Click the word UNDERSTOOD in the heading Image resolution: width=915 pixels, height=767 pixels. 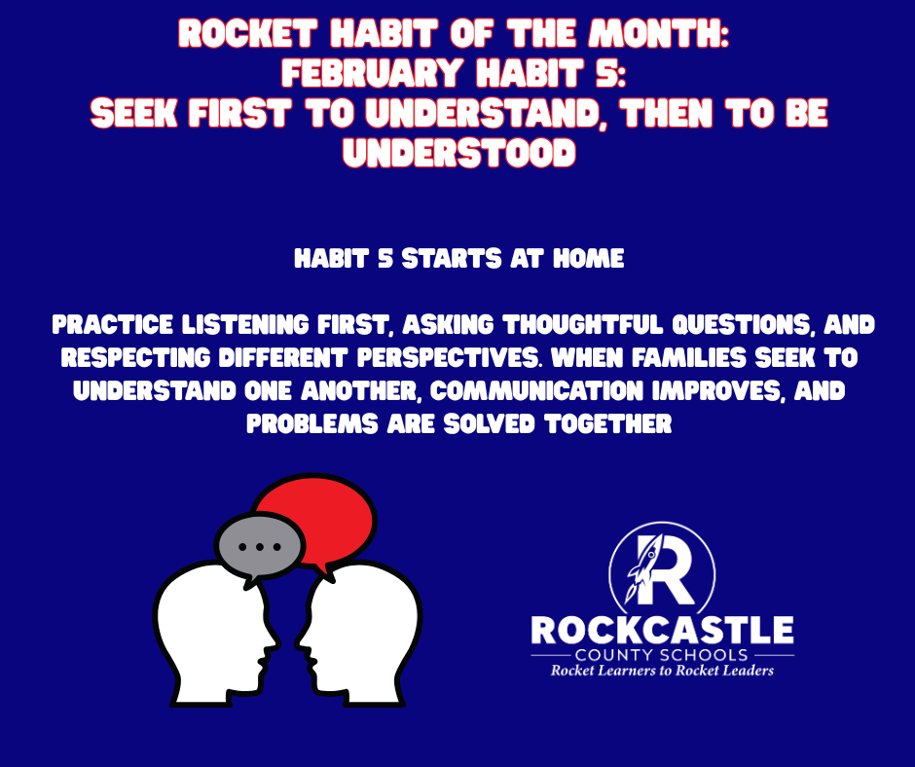(457, 152)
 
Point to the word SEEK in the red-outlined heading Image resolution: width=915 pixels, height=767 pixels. (132, 113)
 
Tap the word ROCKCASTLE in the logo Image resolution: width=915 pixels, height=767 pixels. (662, 630)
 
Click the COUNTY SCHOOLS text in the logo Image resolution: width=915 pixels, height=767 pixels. (662, 655)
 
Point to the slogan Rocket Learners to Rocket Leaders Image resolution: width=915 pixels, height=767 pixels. (662, 671)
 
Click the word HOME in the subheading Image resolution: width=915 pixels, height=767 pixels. (590, 260)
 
